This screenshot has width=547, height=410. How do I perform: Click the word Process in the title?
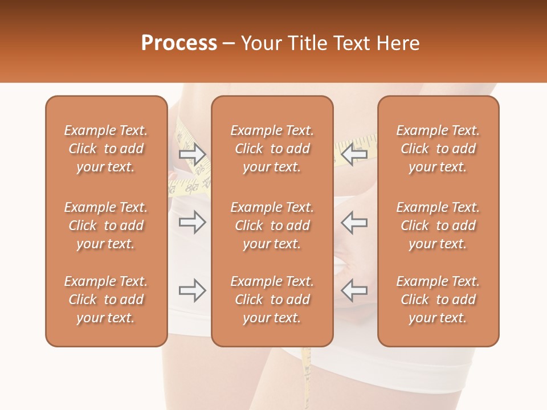coord(179,43)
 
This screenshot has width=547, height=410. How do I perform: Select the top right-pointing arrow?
coord(192,154)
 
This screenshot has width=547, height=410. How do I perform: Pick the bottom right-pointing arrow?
coord(192,290)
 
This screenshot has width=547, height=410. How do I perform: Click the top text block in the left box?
coord(106,149)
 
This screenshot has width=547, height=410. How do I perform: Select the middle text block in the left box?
coord(106,225)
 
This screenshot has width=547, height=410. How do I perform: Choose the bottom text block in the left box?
coord(106,300)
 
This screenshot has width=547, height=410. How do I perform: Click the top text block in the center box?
coord(272,149)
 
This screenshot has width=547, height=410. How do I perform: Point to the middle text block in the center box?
coord(272,225)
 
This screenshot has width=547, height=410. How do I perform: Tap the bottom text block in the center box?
coord(272,300)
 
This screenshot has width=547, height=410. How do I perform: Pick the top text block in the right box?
coord(438,149)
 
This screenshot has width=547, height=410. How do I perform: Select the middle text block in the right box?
coord(438,225)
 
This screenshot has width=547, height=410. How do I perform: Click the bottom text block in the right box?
coord(438,300)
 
